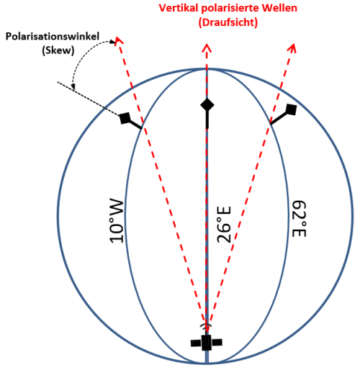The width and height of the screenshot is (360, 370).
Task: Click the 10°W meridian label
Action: click(x=117, y=220)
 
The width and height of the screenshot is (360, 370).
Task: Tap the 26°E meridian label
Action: click(x=224, y=225)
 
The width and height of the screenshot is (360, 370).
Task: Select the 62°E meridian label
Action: click(x=299, y=219)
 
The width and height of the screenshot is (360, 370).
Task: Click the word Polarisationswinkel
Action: click(x=53, y=37)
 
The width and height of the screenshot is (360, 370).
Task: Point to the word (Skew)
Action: click(x=58, y=50)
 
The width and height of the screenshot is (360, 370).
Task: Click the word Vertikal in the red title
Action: click(x=179, y=8)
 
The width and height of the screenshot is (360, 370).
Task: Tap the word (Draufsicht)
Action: click(x=228, y=22)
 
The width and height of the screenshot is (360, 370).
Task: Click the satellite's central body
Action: click(x=206, y=343)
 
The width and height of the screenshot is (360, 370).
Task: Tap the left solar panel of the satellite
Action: click(x=196, y=343)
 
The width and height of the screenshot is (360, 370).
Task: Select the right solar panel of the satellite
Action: click(x=217, y=343)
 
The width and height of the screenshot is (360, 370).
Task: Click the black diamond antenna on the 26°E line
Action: click(x=207, y=105)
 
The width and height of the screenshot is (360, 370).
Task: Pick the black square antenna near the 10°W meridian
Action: click(x=125, y=118)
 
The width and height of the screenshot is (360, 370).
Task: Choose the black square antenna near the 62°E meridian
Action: click(x=292, y=109)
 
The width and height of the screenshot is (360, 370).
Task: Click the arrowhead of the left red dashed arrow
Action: click(x=119, y=40)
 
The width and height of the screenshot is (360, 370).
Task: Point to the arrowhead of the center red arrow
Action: click(x=207, y=48)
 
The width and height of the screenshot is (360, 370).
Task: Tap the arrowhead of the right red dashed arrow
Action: click(x=293, y=48)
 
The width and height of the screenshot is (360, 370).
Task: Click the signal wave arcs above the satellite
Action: click(x=206, y=325)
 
